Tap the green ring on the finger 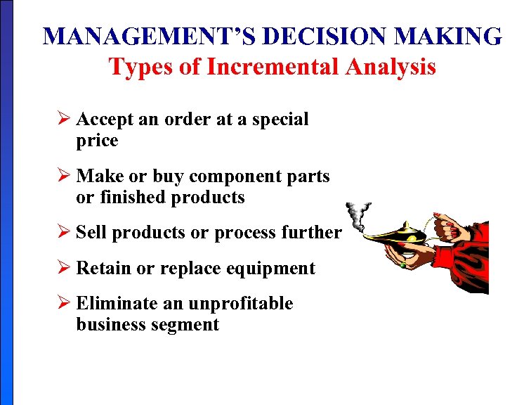coord(402,266)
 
